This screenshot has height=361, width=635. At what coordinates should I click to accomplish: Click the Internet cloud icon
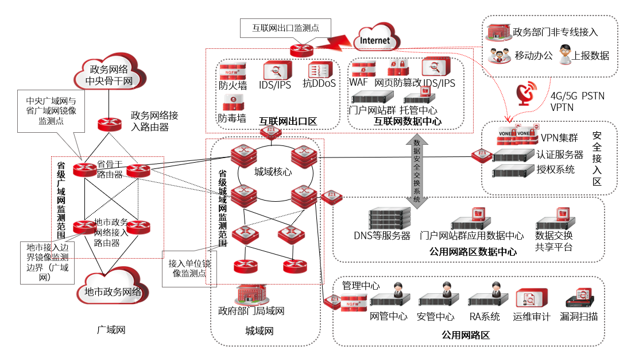[375, 39]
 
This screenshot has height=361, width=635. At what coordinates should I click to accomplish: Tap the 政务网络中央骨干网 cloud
[109, 75]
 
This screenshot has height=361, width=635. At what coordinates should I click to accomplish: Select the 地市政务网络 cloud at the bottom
[112, 291]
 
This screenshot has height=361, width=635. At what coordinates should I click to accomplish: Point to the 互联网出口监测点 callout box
[285, 26]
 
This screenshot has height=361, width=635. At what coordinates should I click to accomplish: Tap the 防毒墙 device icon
[233, 103]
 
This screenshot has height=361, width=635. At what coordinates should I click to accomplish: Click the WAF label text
[358, 83]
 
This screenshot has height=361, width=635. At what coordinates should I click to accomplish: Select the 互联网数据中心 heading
[408, 121]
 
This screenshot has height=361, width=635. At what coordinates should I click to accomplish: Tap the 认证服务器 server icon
[513, 155]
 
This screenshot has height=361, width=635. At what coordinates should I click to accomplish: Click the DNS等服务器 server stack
[390, 218]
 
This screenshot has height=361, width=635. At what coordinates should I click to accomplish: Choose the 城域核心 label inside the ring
[273, 171]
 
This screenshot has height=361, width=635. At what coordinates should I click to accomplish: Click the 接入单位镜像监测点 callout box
[189, 268]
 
